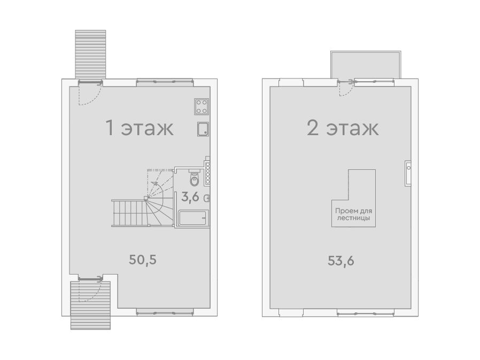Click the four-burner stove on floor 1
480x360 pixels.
click(202, 106)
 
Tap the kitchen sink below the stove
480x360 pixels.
click(203, 129)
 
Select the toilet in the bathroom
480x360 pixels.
click(194, 178)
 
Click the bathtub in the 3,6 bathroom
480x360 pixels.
click(193, 218)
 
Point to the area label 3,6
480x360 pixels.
click(190, 197)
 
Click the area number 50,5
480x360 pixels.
click(143, 260)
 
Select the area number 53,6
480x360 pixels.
click(341, 261)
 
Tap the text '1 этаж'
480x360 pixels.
click(140, 128)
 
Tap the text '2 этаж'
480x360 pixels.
click(343, 128)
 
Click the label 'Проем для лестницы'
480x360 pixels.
click(353, 214)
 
